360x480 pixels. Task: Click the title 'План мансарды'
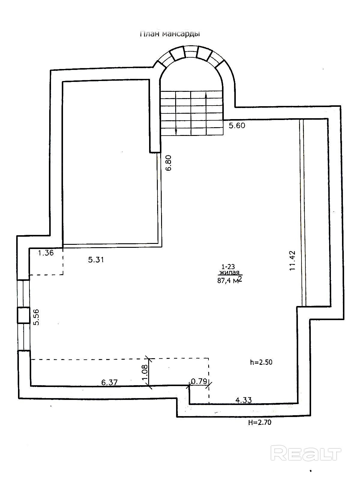[x=170, y=34]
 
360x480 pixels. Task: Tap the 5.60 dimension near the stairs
[x=237, y=125]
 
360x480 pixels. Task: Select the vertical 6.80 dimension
[x=169, y=163]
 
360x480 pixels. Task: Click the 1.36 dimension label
[x=46, y=253]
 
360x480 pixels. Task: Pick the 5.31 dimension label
[x=96, y=260]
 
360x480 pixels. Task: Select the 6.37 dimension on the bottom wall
[x=109, y=382]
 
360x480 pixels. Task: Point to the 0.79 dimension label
[x=199, y=381]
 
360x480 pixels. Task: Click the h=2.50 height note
[x=261, y=362]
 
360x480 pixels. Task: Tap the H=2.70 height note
[x=260, y=423]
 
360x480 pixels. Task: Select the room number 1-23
[x=228, y=266]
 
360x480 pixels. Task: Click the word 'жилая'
[x=229, y=273]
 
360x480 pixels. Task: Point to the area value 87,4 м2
[x=229, y=280]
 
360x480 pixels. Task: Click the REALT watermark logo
[x=306, y=453]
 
